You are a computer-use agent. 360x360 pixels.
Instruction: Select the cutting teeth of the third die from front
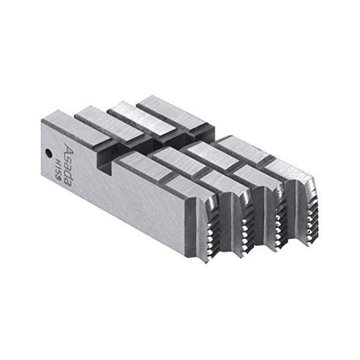pos(277,210)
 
